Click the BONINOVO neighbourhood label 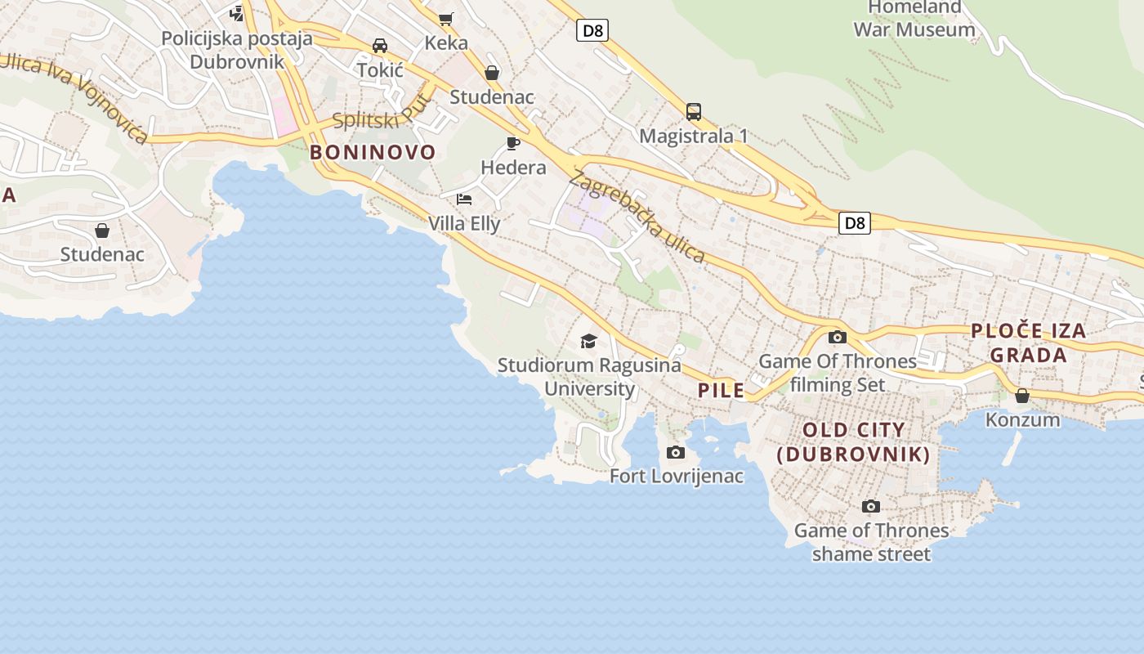tap(373, 152)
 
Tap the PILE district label tap(721, 391)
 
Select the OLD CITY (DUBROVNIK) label tap(854, 442)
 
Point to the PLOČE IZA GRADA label tap(1029, 343)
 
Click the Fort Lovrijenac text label tap(677, 476)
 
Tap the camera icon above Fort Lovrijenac tap(676, 452)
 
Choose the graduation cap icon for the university tap(588, 341)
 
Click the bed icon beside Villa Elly tap(464, 199)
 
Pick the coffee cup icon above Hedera tap(513, 144)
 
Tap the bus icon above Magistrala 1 tap(693, 111)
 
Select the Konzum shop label tap(1022, 419)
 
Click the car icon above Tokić tap(380, 46)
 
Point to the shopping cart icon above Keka tap(446, 18)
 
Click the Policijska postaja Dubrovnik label tap(237, 50)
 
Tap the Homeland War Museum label tap(914, 19)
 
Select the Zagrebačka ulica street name tap(637, 216)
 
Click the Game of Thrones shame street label tap(871, 542)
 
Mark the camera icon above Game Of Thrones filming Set tap(837, 337)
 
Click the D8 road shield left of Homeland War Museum tap(592, 31)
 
